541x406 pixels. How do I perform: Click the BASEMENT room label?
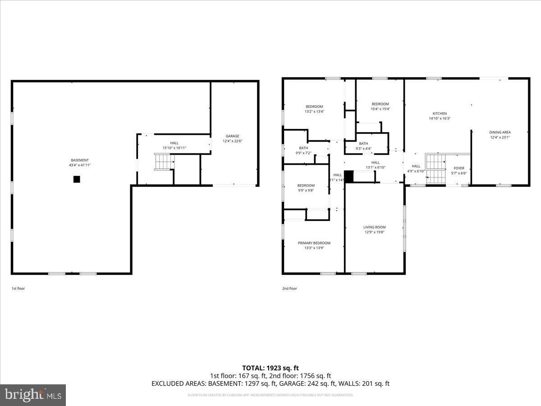(80, 160)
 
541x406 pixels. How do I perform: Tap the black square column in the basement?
(77, 179)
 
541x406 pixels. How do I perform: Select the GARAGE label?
(233, 136)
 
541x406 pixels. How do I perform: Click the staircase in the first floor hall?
(164, 161)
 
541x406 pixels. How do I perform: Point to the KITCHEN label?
(440, 114)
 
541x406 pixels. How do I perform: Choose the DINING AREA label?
(500, 132)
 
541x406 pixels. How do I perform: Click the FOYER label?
(459, 168)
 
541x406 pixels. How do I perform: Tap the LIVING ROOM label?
(375, 227)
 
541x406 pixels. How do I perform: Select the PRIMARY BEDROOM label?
(314, 243)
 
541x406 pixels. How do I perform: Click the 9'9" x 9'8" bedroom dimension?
(306, 190)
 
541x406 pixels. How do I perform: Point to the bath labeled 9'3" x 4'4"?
(363, 148)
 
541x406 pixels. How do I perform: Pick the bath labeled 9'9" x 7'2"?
(303, 153)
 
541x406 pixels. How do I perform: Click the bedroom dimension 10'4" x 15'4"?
(380, 109)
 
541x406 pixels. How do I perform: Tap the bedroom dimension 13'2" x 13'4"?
(314, 111)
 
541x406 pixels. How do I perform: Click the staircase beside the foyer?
(436, 168)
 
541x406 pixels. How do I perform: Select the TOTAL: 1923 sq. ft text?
(270, 368)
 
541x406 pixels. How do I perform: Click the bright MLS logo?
(33, 395)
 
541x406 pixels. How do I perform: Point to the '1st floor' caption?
(18, 288)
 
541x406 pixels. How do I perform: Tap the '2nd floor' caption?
(290, 288)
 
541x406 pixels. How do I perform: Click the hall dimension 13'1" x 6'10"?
(376, 167)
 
